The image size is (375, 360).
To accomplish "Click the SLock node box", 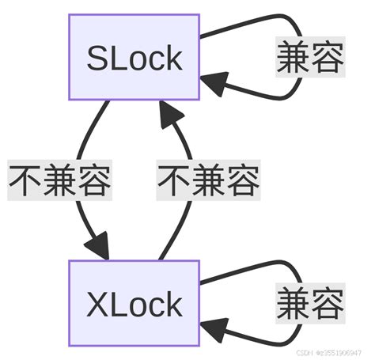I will coord(134,57).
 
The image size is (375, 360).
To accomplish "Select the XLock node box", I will coord(134,303).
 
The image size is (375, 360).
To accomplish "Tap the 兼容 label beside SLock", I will coord(309,57).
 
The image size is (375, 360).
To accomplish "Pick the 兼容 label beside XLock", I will coord(309,303).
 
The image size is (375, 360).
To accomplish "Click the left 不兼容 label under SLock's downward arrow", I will coord(59,180).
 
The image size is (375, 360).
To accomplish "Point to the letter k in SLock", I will coord(173,57).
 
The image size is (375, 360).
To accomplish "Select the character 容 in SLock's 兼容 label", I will coord(327,57).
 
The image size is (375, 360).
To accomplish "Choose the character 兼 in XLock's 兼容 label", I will coord(293,303).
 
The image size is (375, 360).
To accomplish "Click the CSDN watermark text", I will coord(328,351).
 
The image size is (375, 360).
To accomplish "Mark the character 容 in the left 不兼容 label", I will coord(93,180).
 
